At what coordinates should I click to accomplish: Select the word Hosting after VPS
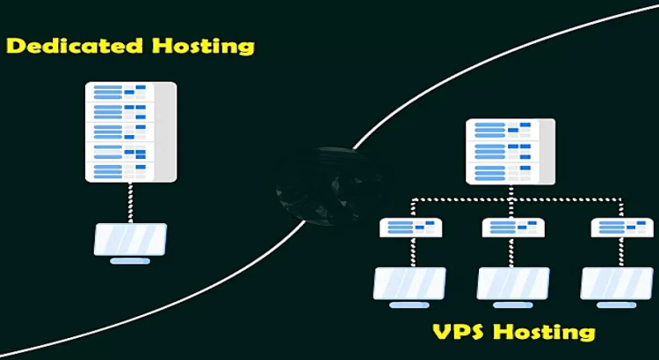click(546, 333)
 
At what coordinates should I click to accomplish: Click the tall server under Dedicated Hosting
click(130, 132)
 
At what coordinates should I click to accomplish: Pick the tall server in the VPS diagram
click(510, 150)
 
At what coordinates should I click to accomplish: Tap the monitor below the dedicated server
click(130, 239)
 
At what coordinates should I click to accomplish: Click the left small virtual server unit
click(410, 227)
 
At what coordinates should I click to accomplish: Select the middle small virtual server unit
click(513, 227)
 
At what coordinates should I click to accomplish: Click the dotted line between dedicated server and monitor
click(130, 202)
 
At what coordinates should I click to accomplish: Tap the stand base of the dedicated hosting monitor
click(130, 261)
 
